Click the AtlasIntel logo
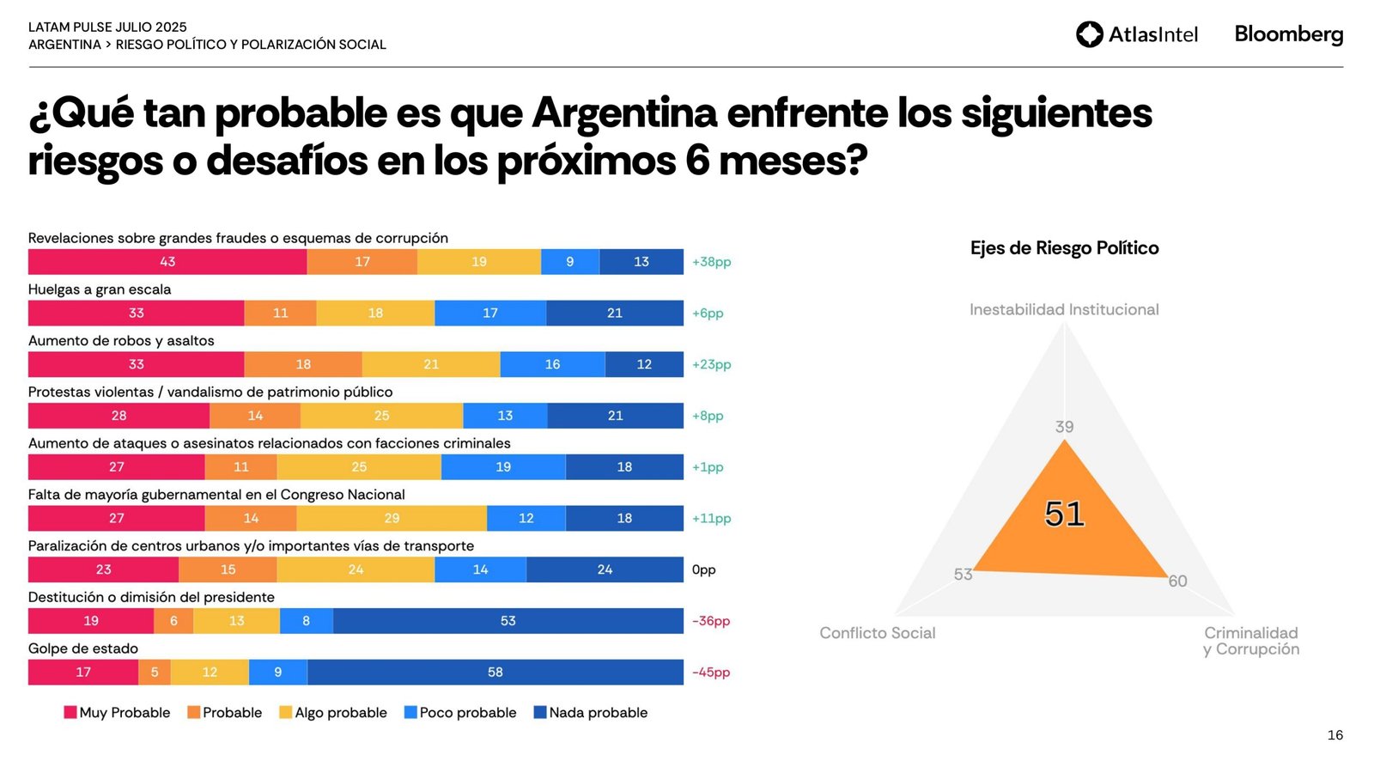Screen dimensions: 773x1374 (1136, 34)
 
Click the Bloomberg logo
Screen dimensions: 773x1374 (1288, 34)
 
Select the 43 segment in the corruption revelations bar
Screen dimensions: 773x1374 (167, 262)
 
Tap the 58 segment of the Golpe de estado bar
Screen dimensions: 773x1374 (495, 673)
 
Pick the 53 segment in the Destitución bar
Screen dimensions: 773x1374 (508, 621)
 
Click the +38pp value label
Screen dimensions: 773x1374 (711, 262)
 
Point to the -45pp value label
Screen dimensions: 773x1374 (711, 673)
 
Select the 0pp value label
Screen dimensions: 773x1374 (703, 569)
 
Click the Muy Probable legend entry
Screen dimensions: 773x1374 (117, 713)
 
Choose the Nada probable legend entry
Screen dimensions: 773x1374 (591, 713)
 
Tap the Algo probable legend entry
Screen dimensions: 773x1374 (333, 713)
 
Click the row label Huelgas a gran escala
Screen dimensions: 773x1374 (100, 289)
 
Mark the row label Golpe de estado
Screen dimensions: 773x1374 (83, 648)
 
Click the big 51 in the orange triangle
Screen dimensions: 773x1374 (1064, 514)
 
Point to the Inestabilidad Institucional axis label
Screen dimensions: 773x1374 (1064, 309)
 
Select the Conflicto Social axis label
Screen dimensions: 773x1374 (877, 633)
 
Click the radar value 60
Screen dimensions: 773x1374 (1177, 581)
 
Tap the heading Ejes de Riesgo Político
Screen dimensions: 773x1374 (1064, 248)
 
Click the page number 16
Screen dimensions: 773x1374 (1334, 735)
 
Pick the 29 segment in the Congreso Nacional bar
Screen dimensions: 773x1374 (392, 518)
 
